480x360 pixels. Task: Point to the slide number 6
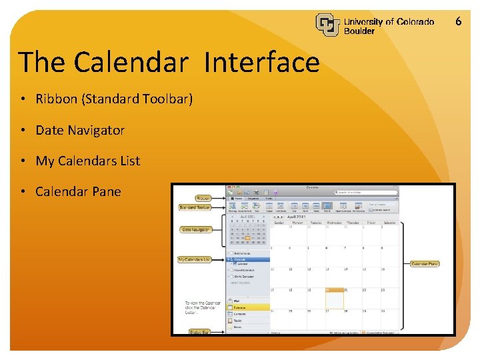tap(458, 21)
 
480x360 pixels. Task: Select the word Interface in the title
tap(262, 62)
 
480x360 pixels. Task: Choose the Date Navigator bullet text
tap(80, 130)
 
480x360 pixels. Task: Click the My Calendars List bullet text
tap(87, 161)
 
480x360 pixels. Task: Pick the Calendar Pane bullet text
tap(78, 191)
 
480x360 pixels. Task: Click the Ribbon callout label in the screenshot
tap(203, 198)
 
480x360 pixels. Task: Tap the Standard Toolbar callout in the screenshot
tap(195, 207)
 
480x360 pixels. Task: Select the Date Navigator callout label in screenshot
tap(195, 230)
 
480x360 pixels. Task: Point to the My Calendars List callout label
tap(194, 259)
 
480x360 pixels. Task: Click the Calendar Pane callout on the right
tap(425, 264)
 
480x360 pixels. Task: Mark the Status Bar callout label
tap(199, 331)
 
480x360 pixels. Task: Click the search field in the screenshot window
tap(367, 192)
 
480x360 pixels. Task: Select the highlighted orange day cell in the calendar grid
tap(334, 298)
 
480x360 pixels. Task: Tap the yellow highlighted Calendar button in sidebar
tap(249, 307)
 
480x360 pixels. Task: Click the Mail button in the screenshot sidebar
tap(249, 301)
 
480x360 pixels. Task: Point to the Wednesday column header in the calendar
tap(334, 223)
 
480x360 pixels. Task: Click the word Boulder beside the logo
tap(359, 31)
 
